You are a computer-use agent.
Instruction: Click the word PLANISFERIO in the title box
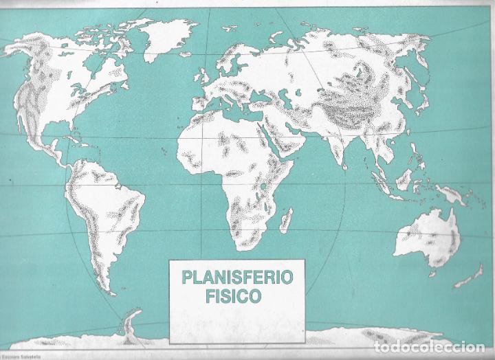click(236, 278)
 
